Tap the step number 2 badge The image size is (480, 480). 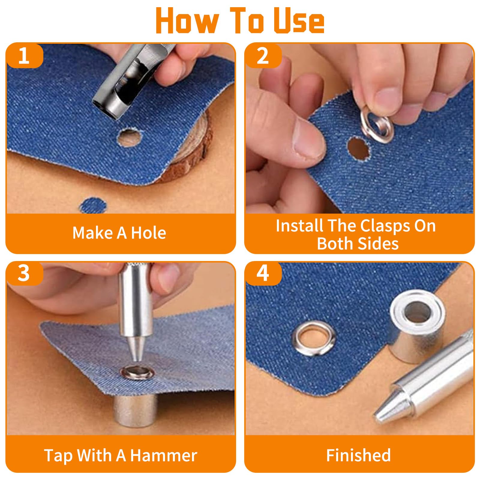[263, 55]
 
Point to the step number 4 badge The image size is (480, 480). [263, 273]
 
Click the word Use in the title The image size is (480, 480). [299, 20]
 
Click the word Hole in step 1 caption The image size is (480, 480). [148, 233]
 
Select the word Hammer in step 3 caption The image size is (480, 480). [164, 455]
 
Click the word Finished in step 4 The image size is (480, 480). [358, 455]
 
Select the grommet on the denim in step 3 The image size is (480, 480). [137, 373]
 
